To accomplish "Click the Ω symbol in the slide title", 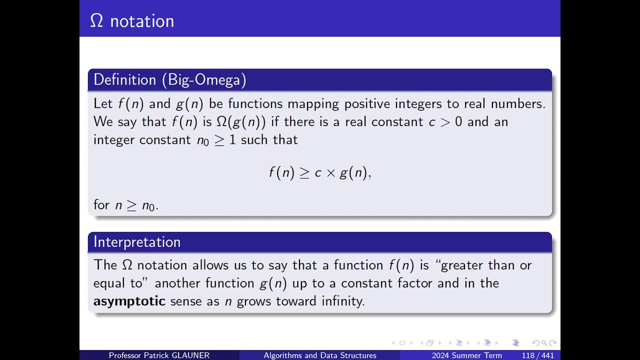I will click(x=96, y=21).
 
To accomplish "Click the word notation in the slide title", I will click(x=142, y=21).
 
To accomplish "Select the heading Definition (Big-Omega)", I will click(x=170, y=80).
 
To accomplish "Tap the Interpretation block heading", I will click(x=137, y=242).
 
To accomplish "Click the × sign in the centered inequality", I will click(x=330, y=173).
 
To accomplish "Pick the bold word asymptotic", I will click(x=129, y=301).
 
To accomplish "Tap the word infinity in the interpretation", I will click(x=343, y=301).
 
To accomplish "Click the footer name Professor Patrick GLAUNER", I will click(x=159, y=355).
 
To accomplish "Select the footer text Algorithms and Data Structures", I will click(x=320, y=355).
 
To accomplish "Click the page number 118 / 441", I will click(x=537, y=355).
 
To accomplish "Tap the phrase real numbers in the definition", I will click(x=504, y=104).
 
